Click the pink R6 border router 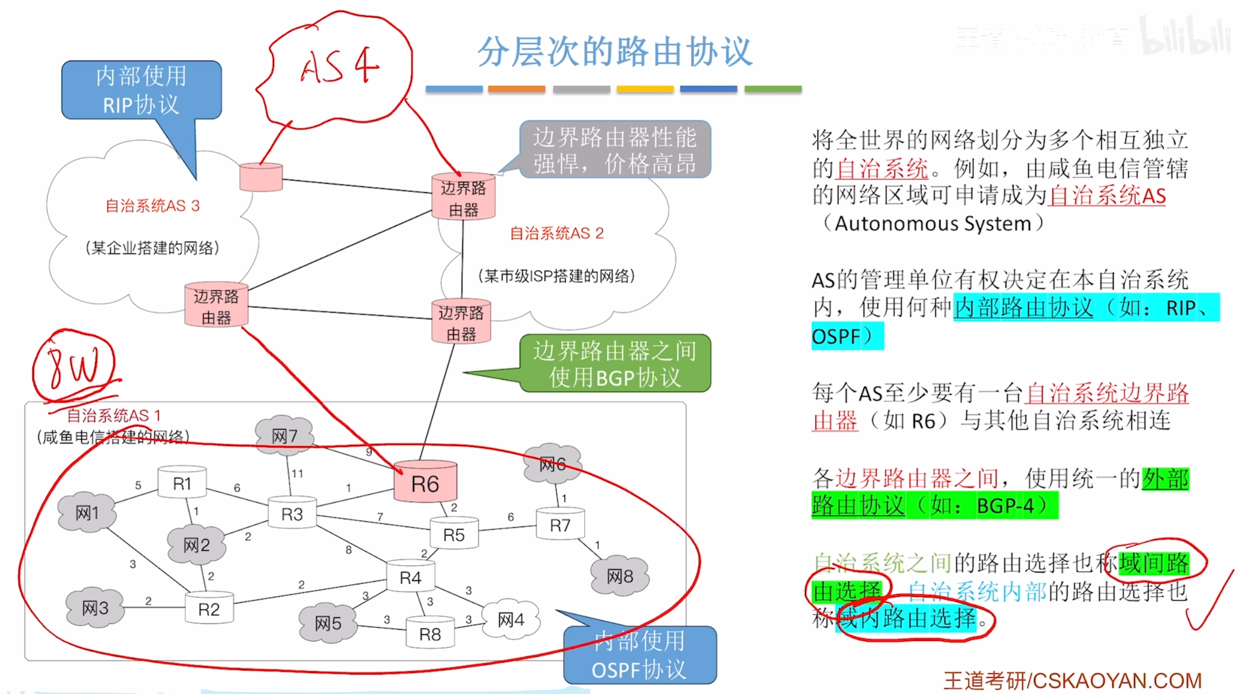425,482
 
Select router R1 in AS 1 182,483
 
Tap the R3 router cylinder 292,514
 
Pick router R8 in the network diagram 430,634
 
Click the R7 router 560,524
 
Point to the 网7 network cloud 285,435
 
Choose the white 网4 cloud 511,619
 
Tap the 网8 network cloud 620,576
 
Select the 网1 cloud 87,512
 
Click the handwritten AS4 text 340,66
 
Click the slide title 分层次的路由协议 614,52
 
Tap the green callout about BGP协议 614,363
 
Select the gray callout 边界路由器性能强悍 614,150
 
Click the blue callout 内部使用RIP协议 141,90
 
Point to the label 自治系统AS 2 557,233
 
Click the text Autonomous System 933,224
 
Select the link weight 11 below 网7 297,474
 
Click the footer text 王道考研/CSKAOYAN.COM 1073,680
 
